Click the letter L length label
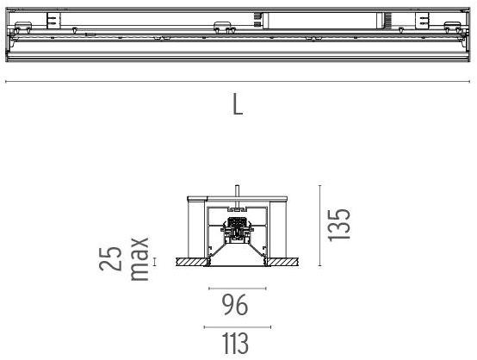237,105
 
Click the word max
138,259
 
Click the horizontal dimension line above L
238,82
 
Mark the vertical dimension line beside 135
319,225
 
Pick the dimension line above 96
237,288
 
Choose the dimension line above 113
237,327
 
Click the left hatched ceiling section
190,260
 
